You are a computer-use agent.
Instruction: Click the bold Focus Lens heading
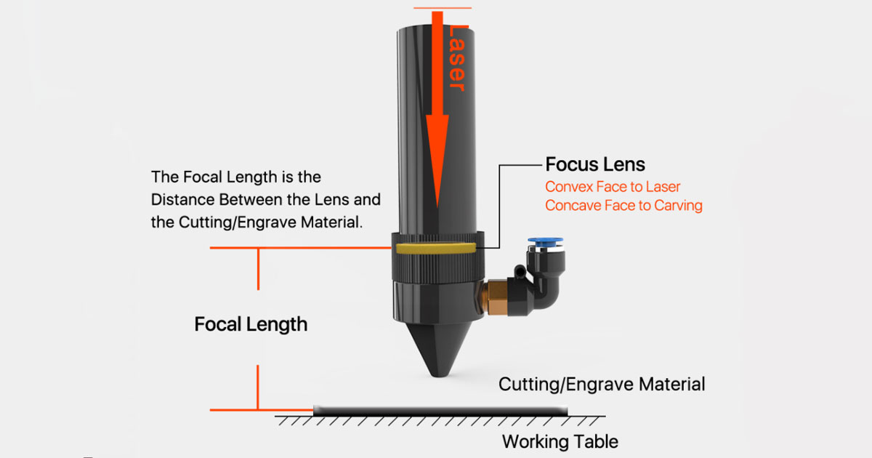click(x=595, y=164)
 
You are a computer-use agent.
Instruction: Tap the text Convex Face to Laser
click(x=613, y=187)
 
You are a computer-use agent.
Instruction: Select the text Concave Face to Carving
click(x=623, y=206)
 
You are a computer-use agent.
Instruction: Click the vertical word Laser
click(x=456, y=58)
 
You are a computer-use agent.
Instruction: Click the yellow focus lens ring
click(x=436, y=249)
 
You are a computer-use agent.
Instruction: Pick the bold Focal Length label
click(x=251, y=324)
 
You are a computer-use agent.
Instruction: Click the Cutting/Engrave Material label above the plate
click(x=601, y=384)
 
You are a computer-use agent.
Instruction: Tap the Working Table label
click(x=560, y=441)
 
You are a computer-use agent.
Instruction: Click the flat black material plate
click(x=440, y=411)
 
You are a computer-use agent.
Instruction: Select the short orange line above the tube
click(x=442, y=9)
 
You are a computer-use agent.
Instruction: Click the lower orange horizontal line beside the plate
click(x=262, y=410)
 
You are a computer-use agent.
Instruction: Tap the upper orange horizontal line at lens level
click(x=298, y=248)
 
